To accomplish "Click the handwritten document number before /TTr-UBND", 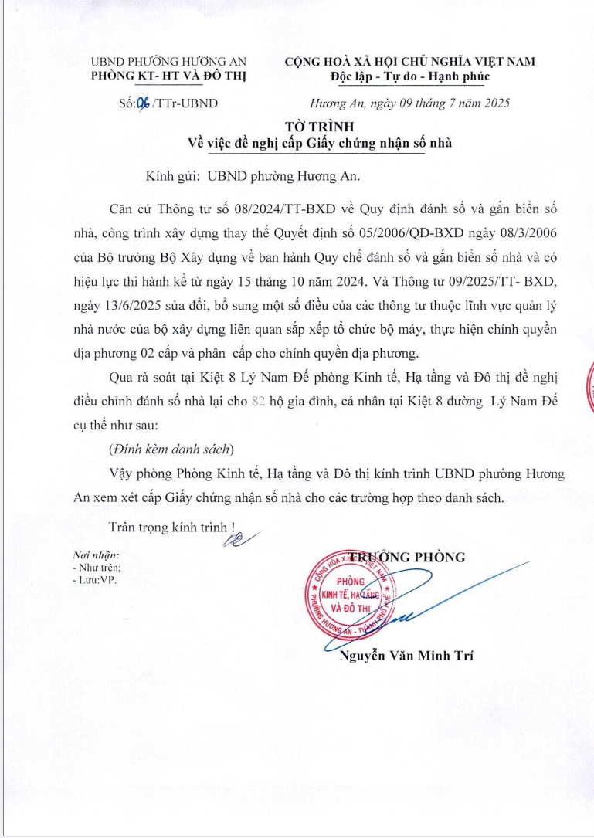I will point(144,103).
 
